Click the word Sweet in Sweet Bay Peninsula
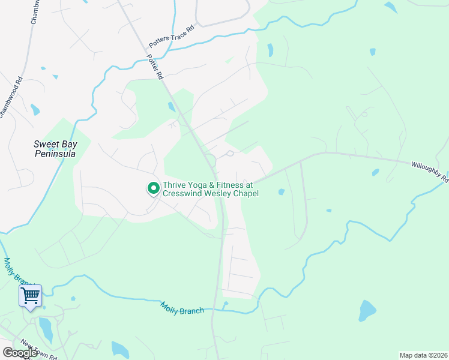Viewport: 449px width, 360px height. [x=46, y=144]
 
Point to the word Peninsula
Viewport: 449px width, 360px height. [x=55, y=154]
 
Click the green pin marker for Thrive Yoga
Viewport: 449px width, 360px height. [x=153, y=188]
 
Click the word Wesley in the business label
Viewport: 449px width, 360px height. [x=226, y=194]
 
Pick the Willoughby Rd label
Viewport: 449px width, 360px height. [x=429, y=170]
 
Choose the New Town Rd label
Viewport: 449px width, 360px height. [x=38, y=350]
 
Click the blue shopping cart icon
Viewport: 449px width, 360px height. [x=30, y=296]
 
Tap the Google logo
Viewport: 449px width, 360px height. [x=20, y=353]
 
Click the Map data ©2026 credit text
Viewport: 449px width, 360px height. [x=423, y=355]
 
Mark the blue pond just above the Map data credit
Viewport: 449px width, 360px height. [x=367, y=311]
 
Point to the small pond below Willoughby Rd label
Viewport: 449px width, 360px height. [x=375, y=172]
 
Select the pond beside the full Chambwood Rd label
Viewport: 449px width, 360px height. [x=35, y=110]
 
